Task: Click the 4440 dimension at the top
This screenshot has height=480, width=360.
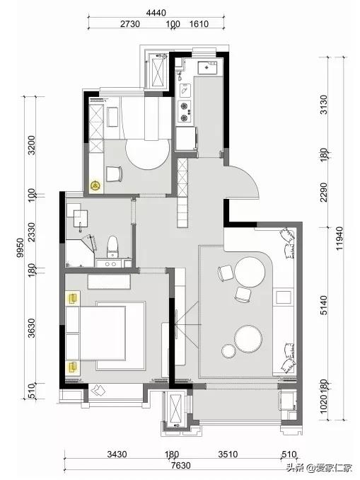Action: tap(156, 13)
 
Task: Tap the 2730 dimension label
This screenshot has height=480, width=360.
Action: tap(130, 24)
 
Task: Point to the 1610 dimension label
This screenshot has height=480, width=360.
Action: tap(199, 24)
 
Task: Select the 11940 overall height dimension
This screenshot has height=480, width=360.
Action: tap(339, 239)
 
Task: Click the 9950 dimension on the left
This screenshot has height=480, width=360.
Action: tap(20, 248)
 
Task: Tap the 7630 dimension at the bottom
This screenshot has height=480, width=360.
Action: tap(180, 466)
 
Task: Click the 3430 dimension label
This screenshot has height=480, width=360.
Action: tap(117, 454)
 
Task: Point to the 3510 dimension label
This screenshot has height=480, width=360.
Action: tap(228, 454)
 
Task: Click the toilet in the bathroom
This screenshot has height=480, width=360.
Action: tap(112, 247)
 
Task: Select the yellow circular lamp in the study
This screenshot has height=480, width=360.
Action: tap(95, 185)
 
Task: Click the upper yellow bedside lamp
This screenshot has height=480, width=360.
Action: tap(73, 298)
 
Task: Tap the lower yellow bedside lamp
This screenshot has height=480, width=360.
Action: tap(73, 367)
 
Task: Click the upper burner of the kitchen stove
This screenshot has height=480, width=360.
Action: tap(184, 106)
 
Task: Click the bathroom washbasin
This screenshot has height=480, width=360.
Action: tap(81, 219)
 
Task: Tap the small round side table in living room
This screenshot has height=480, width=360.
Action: tap(228, 351)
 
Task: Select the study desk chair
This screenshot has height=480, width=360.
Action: tap(114, 173)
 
